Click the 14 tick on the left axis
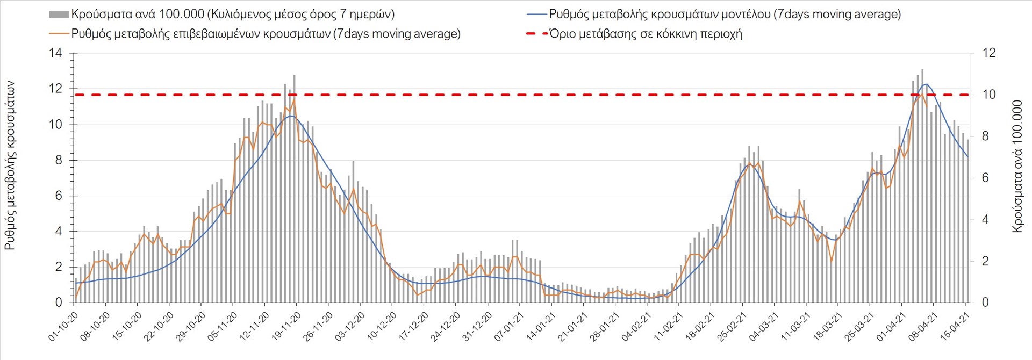tap(55, 53)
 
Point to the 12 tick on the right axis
tap(989, 53)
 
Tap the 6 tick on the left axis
tap(59, 196)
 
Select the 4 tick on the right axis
tap(986, 220)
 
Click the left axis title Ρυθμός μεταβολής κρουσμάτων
tap(10, 165)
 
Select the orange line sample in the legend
tap(59, 34)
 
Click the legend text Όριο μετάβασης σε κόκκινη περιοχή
tap(646, 34)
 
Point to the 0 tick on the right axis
tap(985, 303)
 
